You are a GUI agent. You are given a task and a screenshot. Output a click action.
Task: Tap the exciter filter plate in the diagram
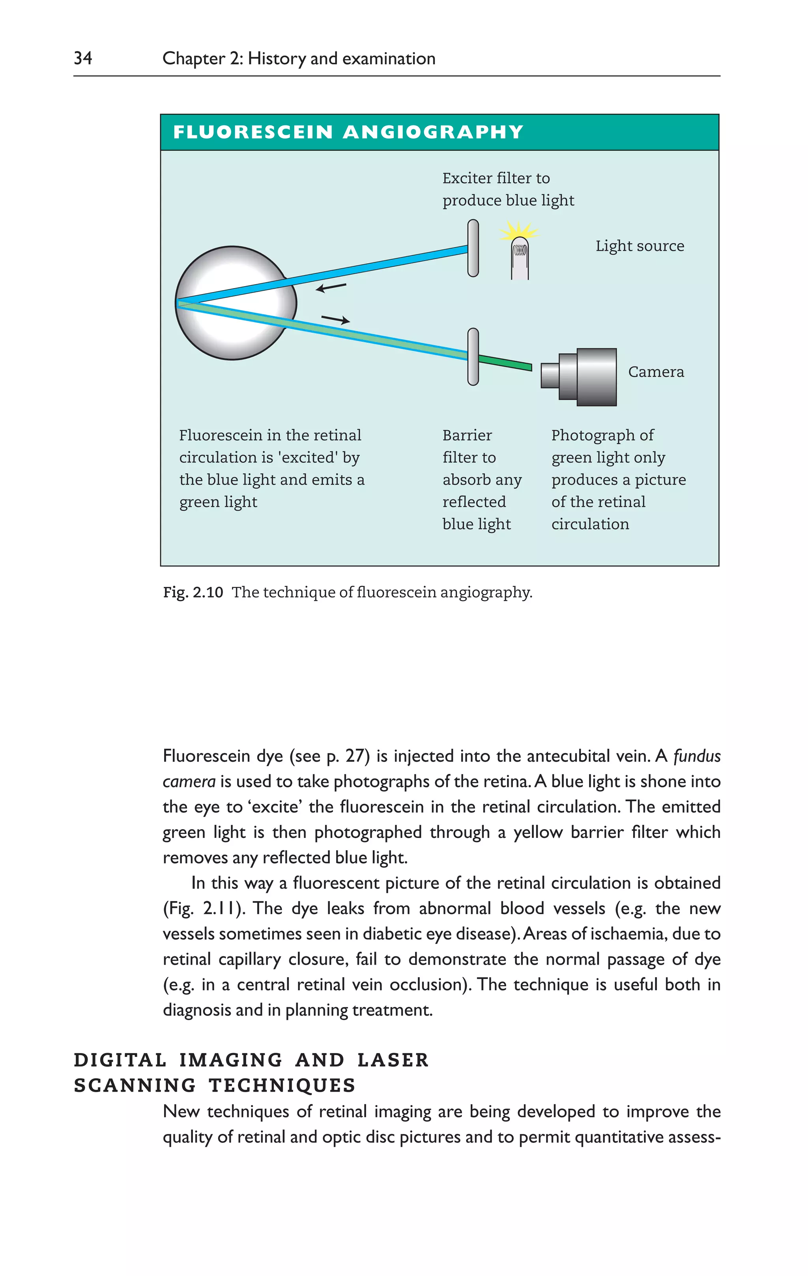[x=473, y=248]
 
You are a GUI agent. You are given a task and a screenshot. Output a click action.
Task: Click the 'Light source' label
[x=640, y=246]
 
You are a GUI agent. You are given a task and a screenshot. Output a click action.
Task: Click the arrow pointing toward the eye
[x=331, y=287]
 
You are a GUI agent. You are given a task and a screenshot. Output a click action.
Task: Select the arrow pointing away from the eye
[x=335, y=319]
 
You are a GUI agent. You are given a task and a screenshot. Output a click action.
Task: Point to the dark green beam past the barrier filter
[x=505, y=363]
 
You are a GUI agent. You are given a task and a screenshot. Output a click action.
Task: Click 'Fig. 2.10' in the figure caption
[x=193, y=592]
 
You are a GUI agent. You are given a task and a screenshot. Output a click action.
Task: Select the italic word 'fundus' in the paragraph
[x=696, y=756]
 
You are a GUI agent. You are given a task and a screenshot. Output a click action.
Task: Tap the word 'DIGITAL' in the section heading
[x=120, y=1060]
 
